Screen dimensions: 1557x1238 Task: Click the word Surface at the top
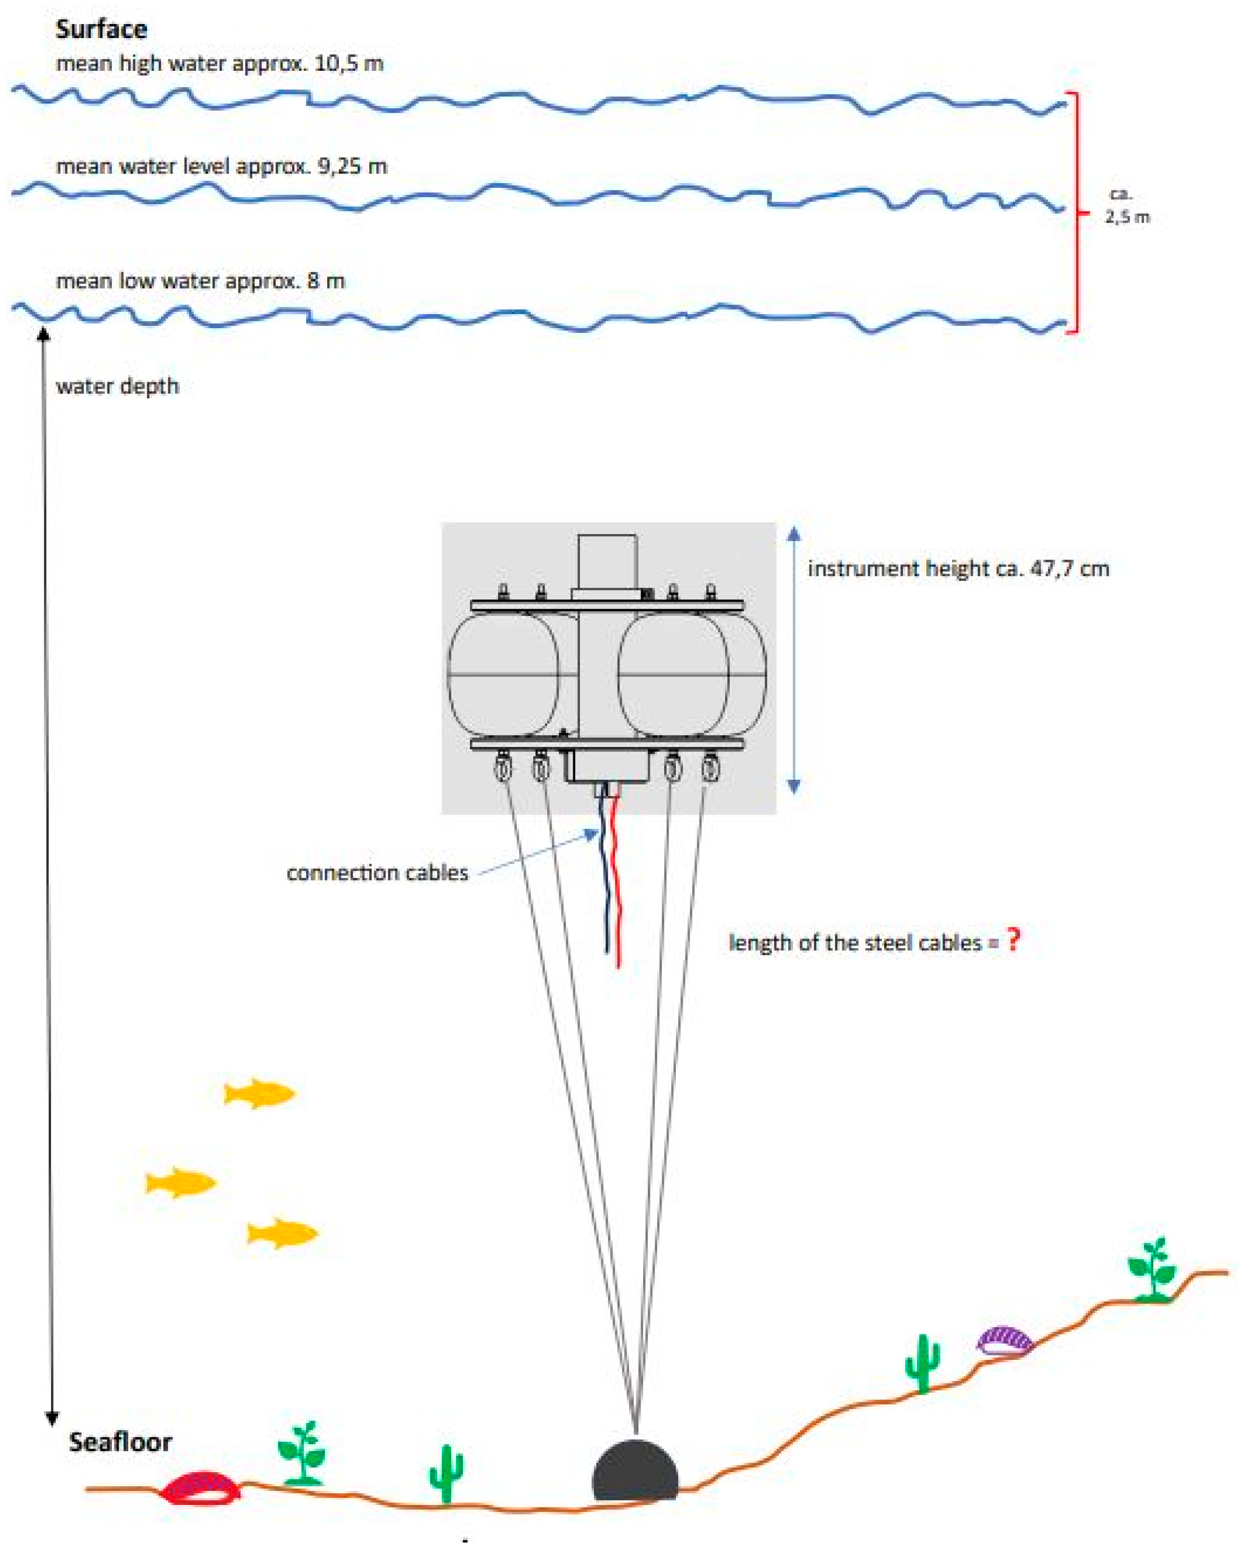point(101,29)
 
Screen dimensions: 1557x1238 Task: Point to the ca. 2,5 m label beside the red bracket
point(1126,206)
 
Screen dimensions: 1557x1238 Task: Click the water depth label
point(117,386)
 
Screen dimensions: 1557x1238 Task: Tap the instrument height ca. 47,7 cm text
point(958,568)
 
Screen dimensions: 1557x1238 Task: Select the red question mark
point(1014,940)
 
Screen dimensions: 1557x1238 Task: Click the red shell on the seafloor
point(200,1489)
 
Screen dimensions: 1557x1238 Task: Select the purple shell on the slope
point(1004,1340)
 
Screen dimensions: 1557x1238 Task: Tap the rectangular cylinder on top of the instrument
point(607,562)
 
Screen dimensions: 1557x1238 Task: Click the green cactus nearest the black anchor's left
point(445,1473)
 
